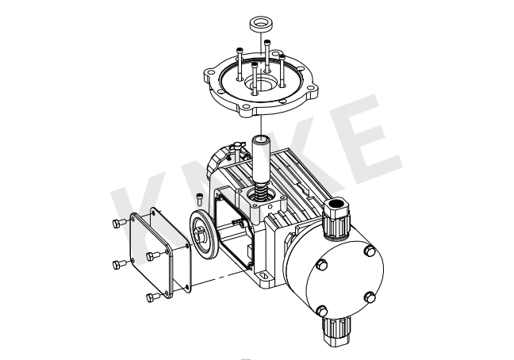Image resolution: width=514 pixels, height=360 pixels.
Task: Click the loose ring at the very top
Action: (x=261, y=25)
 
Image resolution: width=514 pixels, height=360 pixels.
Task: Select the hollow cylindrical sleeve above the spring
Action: (x=261, y=159)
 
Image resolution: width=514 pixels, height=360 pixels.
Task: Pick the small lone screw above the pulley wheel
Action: (x=199, y=199)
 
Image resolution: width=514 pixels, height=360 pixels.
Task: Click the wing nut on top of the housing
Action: (x=236, y=147)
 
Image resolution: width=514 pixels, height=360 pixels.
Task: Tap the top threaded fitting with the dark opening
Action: (x=336, y=220)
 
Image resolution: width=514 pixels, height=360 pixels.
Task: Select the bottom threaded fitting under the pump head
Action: (x=336, y=331)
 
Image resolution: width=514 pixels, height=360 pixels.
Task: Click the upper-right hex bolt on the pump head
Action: (x=370, y=251)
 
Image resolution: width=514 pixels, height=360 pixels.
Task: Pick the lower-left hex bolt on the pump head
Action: (x=322, y=310)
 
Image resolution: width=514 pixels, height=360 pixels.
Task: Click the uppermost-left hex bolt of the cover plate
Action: (x=118, y=223)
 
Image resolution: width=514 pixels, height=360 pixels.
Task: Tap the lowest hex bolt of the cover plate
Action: (x=153, y=297)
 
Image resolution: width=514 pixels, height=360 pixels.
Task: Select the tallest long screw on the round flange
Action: (x=267, y=56)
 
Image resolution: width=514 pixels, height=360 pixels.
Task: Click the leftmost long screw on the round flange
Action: (x=240, y=64)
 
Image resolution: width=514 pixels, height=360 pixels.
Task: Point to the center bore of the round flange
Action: (x=260, y=83)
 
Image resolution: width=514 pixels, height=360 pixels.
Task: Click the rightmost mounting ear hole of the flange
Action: (x=311, y=88)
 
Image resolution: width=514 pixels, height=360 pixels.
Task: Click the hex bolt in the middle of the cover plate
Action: (x=153, y=255)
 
